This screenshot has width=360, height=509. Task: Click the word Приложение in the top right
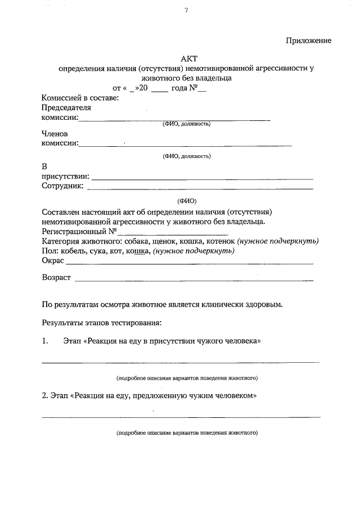pos(308,40)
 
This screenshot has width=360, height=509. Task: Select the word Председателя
pos(66,107)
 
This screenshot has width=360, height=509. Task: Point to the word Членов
pos(55,134)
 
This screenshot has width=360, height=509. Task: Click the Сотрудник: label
pos(63,186)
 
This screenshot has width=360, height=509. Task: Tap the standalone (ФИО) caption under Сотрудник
pos(187,201)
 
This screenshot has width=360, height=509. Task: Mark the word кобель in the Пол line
pos(72,251)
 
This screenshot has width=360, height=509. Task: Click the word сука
pos(99,251)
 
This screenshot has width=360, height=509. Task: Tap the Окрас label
pos(53,260)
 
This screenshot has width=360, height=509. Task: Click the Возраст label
pos(56,278)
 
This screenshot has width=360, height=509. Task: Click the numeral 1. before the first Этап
pos(46,341)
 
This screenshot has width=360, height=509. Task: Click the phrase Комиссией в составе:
pos(80,98)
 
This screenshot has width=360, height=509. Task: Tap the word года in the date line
pos(182,88)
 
